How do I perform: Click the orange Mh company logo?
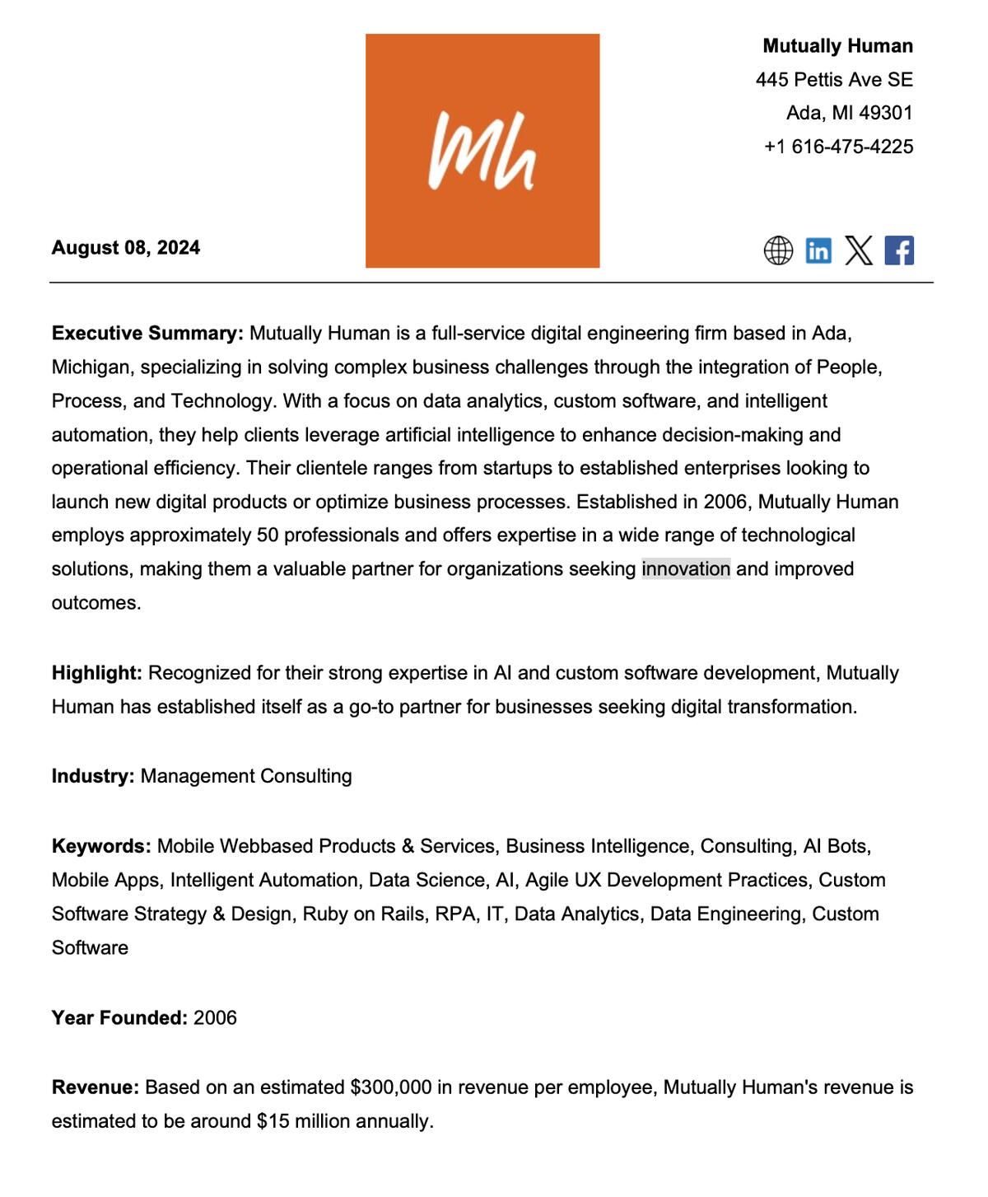click(482, 151)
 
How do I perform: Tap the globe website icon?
click(778, 250)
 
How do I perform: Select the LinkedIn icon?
click(818, 250)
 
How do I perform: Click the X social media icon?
click(859, 250)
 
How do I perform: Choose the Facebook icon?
click(899, 250)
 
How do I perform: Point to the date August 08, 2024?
click(126, 248)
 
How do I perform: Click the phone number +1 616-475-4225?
click(838, 147)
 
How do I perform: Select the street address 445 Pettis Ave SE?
click(834, 80)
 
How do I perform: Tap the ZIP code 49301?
click(886, 113)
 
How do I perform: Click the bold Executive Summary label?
click(147, 334)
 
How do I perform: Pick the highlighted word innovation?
click(686, 569)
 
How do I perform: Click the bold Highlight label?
click(97, 673)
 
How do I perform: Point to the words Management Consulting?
click(246, 776)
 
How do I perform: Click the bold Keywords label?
click(101, 846)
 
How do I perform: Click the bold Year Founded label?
click(119, 1018)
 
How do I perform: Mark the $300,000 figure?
click(390, 1087)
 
